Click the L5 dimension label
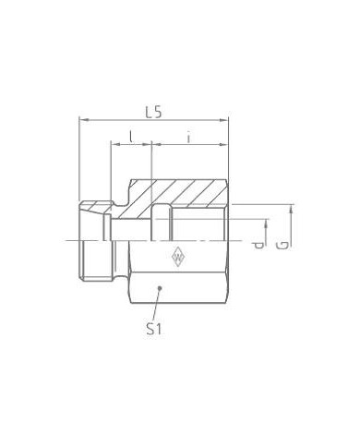coord(154,111)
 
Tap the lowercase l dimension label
coord(131,137)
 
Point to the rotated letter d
coord(260,245)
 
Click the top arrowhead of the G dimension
coord(291,206)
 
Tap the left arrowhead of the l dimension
coord(114,146)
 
